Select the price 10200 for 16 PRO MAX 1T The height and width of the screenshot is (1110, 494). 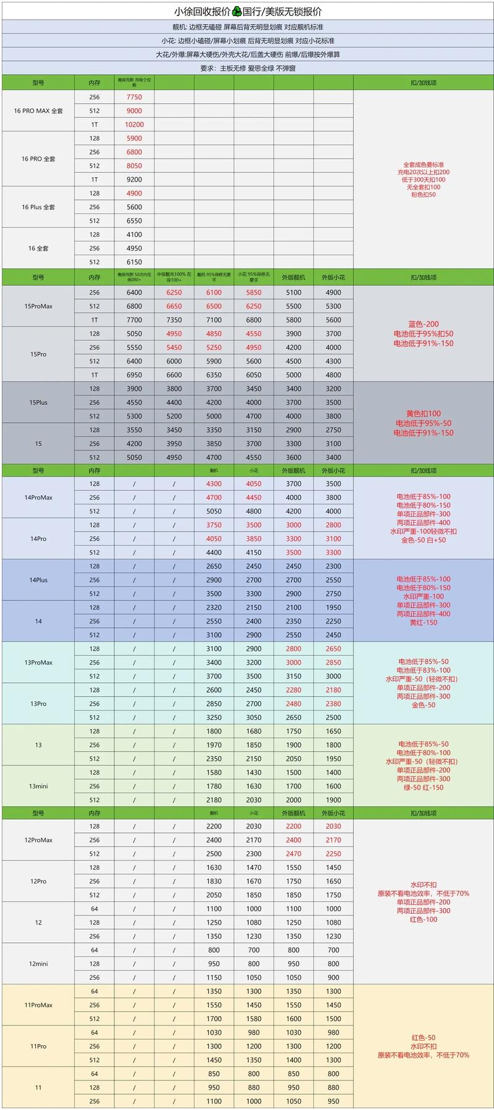(134, 125)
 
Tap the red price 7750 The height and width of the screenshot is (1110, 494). (134, 97)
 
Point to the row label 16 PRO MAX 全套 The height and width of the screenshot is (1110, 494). (38, 111)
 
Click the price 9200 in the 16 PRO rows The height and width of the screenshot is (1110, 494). (134, 180)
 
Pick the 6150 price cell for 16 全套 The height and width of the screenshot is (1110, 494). (134, 262)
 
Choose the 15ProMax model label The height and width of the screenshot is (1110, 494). (38, 306)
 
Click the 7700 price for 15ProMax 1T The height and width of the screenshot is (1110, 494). (134, 320)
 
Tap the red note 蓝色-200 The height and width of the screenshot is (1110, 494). (424, 324)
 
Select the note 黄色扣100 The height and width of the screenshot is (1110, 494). (424, 414)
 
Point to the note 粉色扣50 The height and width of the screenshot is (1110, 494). (424, 194)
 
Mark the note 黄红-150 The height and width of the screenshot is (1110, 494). (424, 622)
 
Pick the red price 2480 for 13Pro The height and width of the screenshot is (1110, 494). (293, 704)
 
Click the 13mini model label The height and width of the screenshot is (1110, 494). (38, 787)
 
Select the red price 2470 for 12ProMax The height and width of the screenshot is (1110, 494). (293, 854)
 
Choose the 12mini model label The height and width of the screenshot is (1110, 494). (38, 964)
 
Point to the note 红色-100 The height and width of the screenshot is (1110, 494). (424, 919)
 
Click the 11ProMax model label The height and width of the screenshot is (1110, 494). (38, 1005)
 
